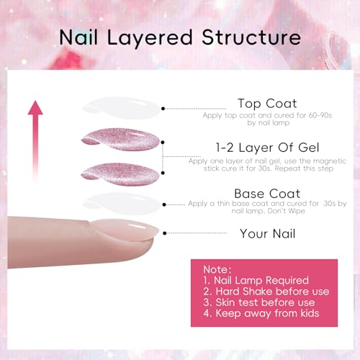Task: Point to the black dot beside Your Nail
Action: pyautogui.click(x=164, y=233)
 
